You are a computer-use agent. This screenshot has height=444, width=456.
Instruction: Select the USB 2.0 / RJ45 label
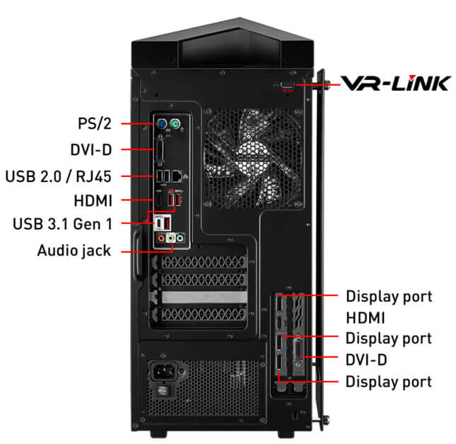pyautogui.click(x=58, y=174)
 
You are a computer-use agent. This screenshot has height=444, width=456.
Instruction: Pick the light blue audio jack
pyautogui.click(x=181, y=239)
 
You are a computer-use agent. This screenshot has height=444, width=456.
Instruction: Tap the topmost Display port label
pyautogui.click(x=388, y=295)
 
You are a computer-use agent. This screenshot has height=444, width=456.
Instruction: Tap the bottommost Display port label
pyautogui.click(x=388, y=382)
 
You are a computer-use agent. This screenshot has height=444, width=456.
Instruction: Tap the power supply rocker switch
pyautogui.click(x=163, y=390)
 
